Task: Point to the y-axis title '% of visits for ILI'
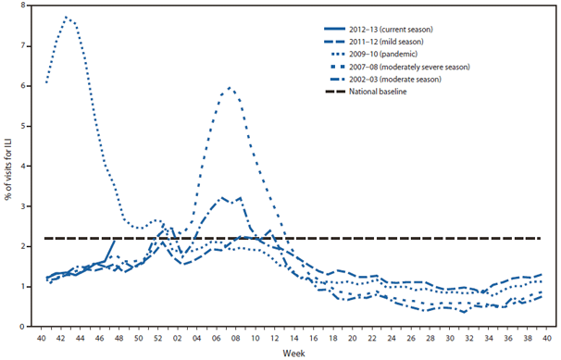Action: [x=8, y=168]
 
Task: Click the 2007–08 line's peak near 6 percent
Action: [x=229, y=88]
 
